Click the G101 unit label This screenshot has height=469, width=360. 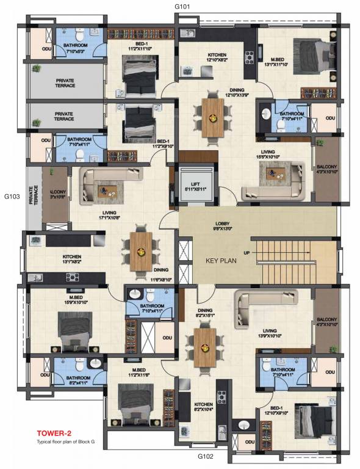point(184,7)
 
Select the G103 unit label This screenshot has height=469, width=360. point(13,197)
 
